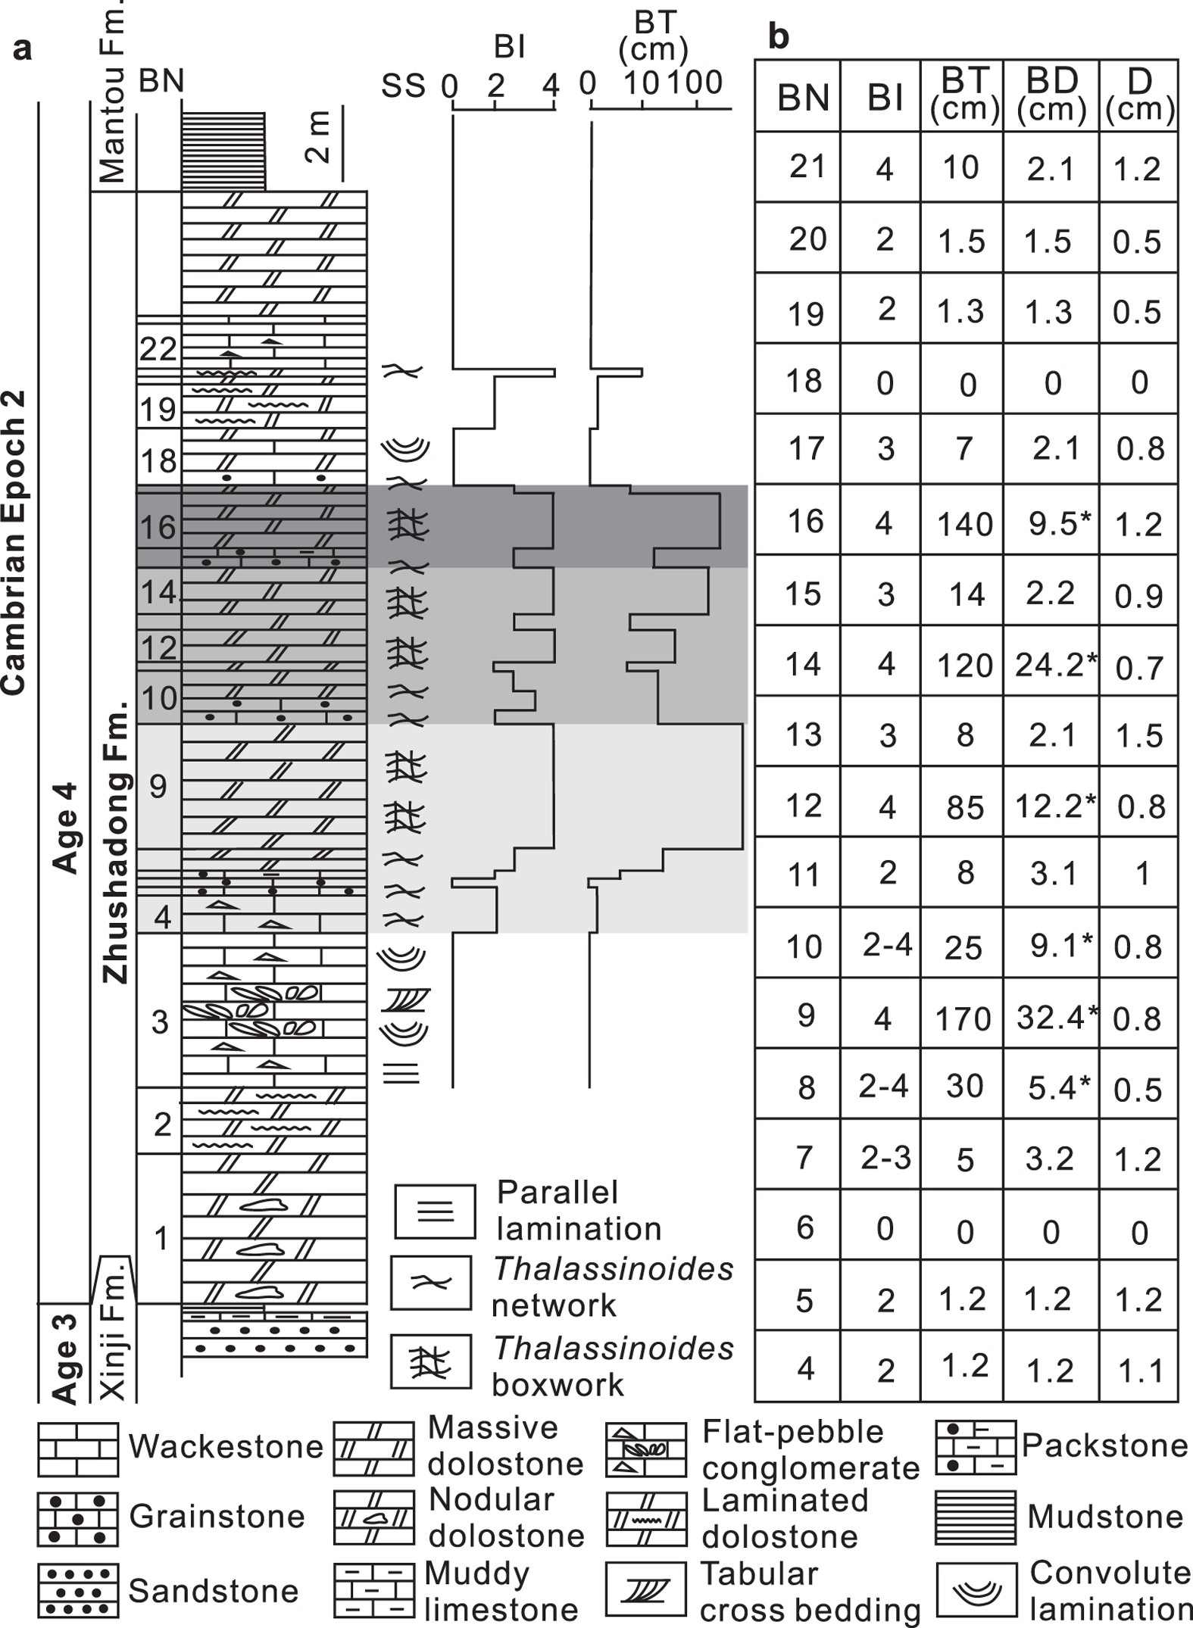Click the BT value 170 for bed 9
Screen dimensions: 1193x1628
pyautogui.click(x=963, y=1018)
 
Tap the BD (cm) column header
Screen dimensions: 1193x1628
pyautogui.click(x=1051, y=95)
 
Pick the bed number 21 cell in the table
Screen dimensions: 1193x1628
pyautogui.click(x=807, y=166)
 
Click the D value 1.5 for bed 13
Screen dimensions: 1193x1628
pyautogui.click(x=1138, y=735)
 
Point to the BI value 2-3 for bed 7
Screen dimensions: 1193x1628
pyautogui.click(x=885, y=1158)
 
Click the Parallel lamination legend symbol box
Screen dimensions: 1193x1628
pyautogui.click(x=435, y=1211)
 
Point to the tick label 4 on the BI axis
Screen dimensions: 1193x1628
pyautogui.click(x=551, y=85)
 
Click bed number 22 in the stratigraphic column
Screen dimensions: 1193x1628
pyautogui.click(x=158, y=349)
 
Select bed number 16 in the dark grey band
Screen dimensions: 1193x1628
pyautogui.click(x=158, y=528)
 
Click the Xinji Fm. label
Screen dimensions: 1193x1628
pyautogui.click(x=114, y=1336)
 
